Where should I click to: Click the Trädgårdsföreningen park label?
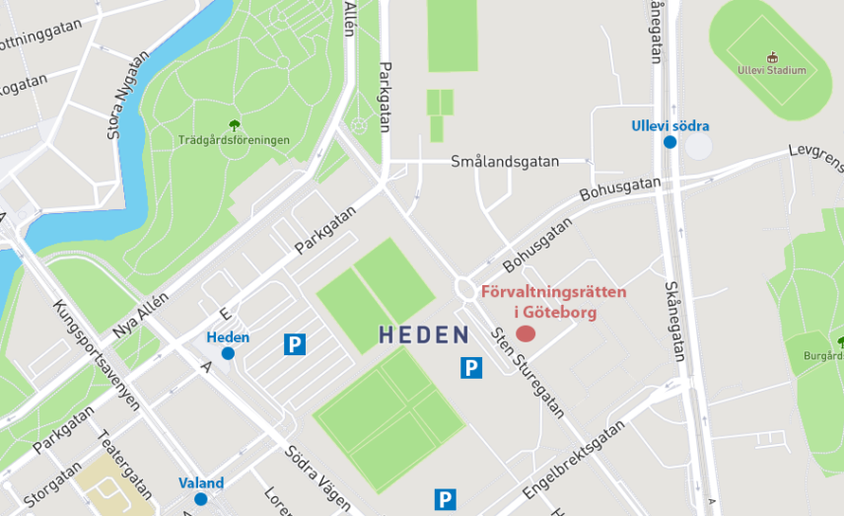[x=234, y=140]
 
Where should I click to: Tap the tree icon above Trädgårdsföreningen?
[x=235, y=124]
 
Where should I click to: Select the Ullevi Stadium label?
[x=772, y=70]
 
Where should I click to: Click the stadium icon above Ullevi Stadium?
[x=772, y=55]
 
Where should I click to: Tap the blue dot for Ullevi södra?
[x=670, y=142]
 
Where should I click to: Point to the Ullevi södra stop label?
[x=670, y=126]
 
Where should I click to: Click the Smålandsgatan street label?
[x=505, y=161]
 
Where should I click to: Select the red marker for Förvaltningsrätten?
[x=526, y=333]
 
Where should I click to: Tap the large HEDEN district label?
[x=424, y=335]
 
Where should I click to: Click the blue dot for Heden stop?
[x=228, y=353]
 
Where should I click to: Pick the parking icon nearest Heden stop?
[x=295, y=344]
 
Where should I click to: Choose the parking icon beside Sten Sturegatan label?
[x=472, y=369]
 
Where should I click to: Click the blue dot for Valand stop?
[x=201, y=499]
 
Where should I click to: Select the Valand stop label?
[x=201, y=483]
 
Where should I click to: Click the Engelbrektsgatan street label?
[x=577, y=459]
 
